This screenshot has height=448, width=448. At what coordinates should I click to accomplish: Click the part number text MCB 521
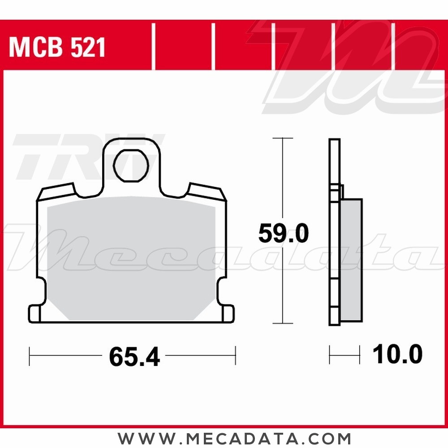pyautogui.click(x=57, y=47)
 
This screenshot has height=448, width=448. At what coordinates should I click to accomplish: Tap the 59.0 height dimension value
pyautogui.click(x=283, y=234)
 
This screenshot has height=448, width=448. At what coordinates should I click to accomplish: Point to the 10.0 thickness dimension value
pyautogui.click(x=397, y=355)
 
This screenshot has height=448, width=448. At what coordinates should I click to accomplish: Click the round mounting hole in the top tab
pyautogui.click(x=131, y=165)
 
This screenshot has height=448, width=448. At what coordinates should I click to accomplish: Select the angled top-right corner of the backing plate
pyautogui.click(x=206, y=192)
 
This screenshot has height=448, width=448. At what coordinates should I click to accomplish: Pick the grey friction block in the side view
pyautogui.click(x=351, y=260)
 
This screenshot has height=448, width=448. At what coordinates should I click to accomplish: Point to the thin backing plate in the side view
pyautogui.click(x=334, y=233)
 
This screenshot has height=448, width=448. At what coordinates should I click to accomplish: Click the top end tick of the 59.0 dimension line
pyautogui.click(x=283, y=138)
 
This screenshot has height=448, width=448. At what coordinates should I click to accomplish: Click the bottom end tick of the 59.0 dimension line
pyautogui.click(x=283, y=323)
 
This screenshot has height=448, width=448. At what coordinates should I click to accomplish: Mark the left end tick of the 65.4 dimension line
pyautogui.click(x=30, y=356)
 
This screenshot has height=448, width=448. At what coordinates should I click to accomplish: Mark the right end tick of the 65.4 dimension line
pyautogui.click(x=236, y=356)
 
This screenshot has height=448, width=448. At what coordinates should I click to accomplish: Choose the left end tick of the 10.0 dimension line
pyautogui.click(x=330, y=355)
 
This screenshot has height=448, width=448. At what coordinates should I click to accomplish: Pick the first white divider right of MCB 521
pyautogui.click(x=153, y=47)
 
